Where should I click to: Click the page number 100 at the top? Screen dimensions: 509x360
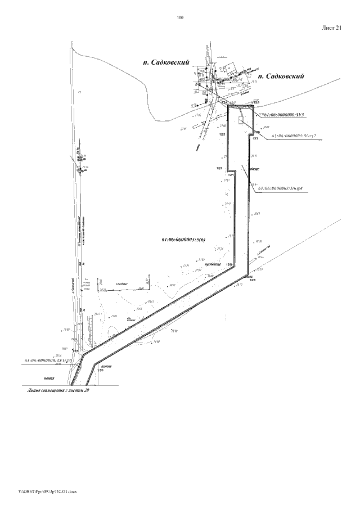180,18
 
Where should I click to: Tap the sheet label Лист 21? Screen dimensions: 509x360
331,30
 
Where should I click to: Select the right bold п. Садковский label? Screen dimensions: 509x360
281,75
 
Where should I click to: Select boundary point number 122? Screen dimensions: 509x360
219,168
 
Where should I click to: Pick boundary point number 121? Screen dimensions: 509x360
230,175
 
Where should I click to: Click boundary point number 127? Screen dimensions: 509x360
255,138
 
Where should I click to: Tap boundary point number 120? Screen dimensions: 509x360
229,264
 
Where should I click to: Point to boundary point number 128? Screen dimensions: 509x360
253,280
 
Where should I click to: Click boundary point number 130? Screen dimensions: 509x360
101,371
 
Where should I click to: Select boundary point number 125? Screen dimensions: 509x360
256,102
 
